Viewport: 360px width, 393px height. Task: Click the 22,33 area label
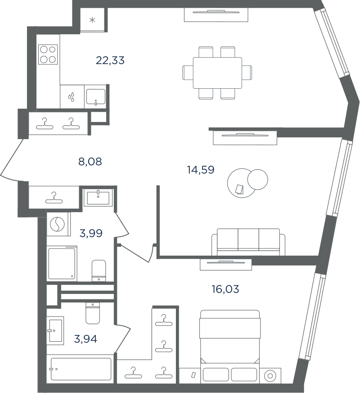coord(110,60)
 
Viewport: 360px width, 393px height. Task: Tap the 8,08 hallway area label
coord(90,162)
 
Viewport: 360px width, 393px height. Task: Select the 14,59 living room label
coord(201,170)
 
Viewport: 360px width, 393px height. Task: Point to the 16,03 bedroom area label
coord(225,289)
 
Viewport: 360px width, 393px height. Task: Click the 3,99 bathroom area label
coord(91,233)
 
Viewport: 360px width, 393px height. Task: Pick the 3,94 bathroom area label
coord(85,339)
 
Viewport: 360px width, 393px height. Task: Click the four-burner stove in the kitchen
coord(48,54)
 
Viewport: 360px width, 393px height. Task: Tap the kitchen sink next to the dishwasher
coord(96,96)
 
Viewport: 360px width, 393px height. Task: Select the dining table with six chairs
coord(217,72)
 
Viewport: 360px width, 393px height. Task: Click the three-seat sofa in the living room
coord(248,242)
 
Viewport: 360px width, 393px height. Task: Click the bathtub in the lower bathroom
coord(81,369)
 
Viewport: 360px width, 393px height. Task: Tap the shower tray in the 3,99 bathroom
coord(62,263)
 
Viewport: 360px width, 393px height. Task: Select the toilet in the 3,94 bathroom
coord(93,313)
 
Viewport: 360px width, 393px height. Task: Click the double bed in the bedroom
coord(230,347)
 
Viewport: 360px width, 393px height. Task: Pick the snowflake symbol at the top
coord(92,20)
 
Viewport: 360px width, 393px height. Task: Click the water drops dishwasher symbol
coord(72,97)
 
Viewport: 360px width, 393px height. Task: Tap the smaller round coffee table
coord(257,180)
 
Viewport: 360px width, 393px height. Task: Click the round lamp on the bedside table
coord(270,376)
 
